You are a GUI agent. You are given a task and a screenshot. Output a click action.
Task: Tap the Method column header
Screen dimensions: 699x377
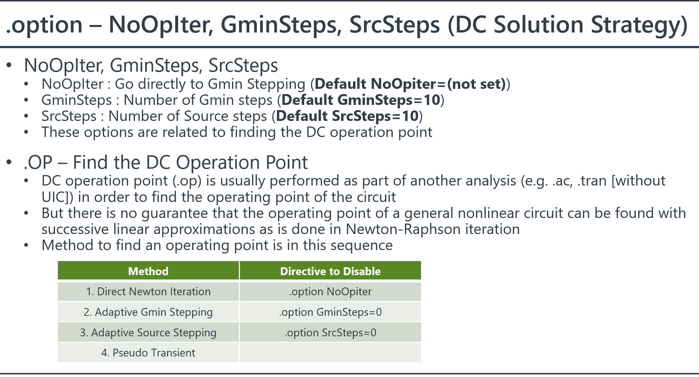[148, 271]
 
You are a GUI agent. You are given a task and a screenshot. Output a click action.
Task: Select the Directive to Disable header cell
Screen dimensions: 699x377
[330, 271]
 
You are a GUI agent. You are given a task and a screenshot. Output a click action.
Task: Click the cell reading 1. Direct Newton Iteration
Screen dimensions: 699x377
[148, 292]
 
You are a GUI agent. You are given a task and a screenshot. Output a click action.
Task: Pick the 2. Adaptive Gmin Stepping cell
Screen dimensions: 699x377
[148, 312]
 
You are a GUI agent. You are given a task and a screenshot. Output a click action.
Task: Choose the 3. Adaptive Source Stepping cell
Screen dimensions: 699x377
[148, 333]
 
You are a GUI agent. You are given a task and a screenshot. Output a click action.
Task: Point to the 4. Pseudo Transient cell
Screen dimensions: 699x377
[148, 353]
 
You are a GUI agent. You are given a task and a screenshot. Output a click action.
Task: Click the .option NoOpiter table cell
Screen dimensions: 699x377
[330, 292]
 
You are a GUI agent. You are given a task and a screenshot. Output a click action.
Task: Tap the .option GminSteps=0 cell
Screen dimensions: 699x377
[330, 312]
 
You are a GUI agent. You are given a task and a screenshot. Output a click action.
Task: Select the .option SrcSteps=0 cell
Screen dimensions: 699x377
[330, 333]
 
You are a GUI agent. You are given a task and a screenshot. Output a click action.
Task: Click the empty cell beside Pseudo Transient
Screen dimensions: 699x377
[330, 353]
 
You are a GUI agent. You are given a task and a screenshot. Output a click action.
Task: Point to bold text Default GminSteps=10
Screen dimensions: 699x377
[361, 100]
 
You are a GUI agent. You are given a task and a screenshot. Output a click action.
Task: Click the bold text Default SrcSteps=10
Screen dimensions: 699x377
[347, 116]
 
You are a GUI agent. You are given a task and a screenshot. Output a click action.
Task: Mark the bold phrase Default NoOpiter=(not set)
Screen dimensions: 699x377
[410, 84]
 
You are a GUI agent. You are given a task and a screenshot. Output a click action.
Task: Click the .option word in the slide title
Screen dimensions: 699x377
[44, 25]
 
